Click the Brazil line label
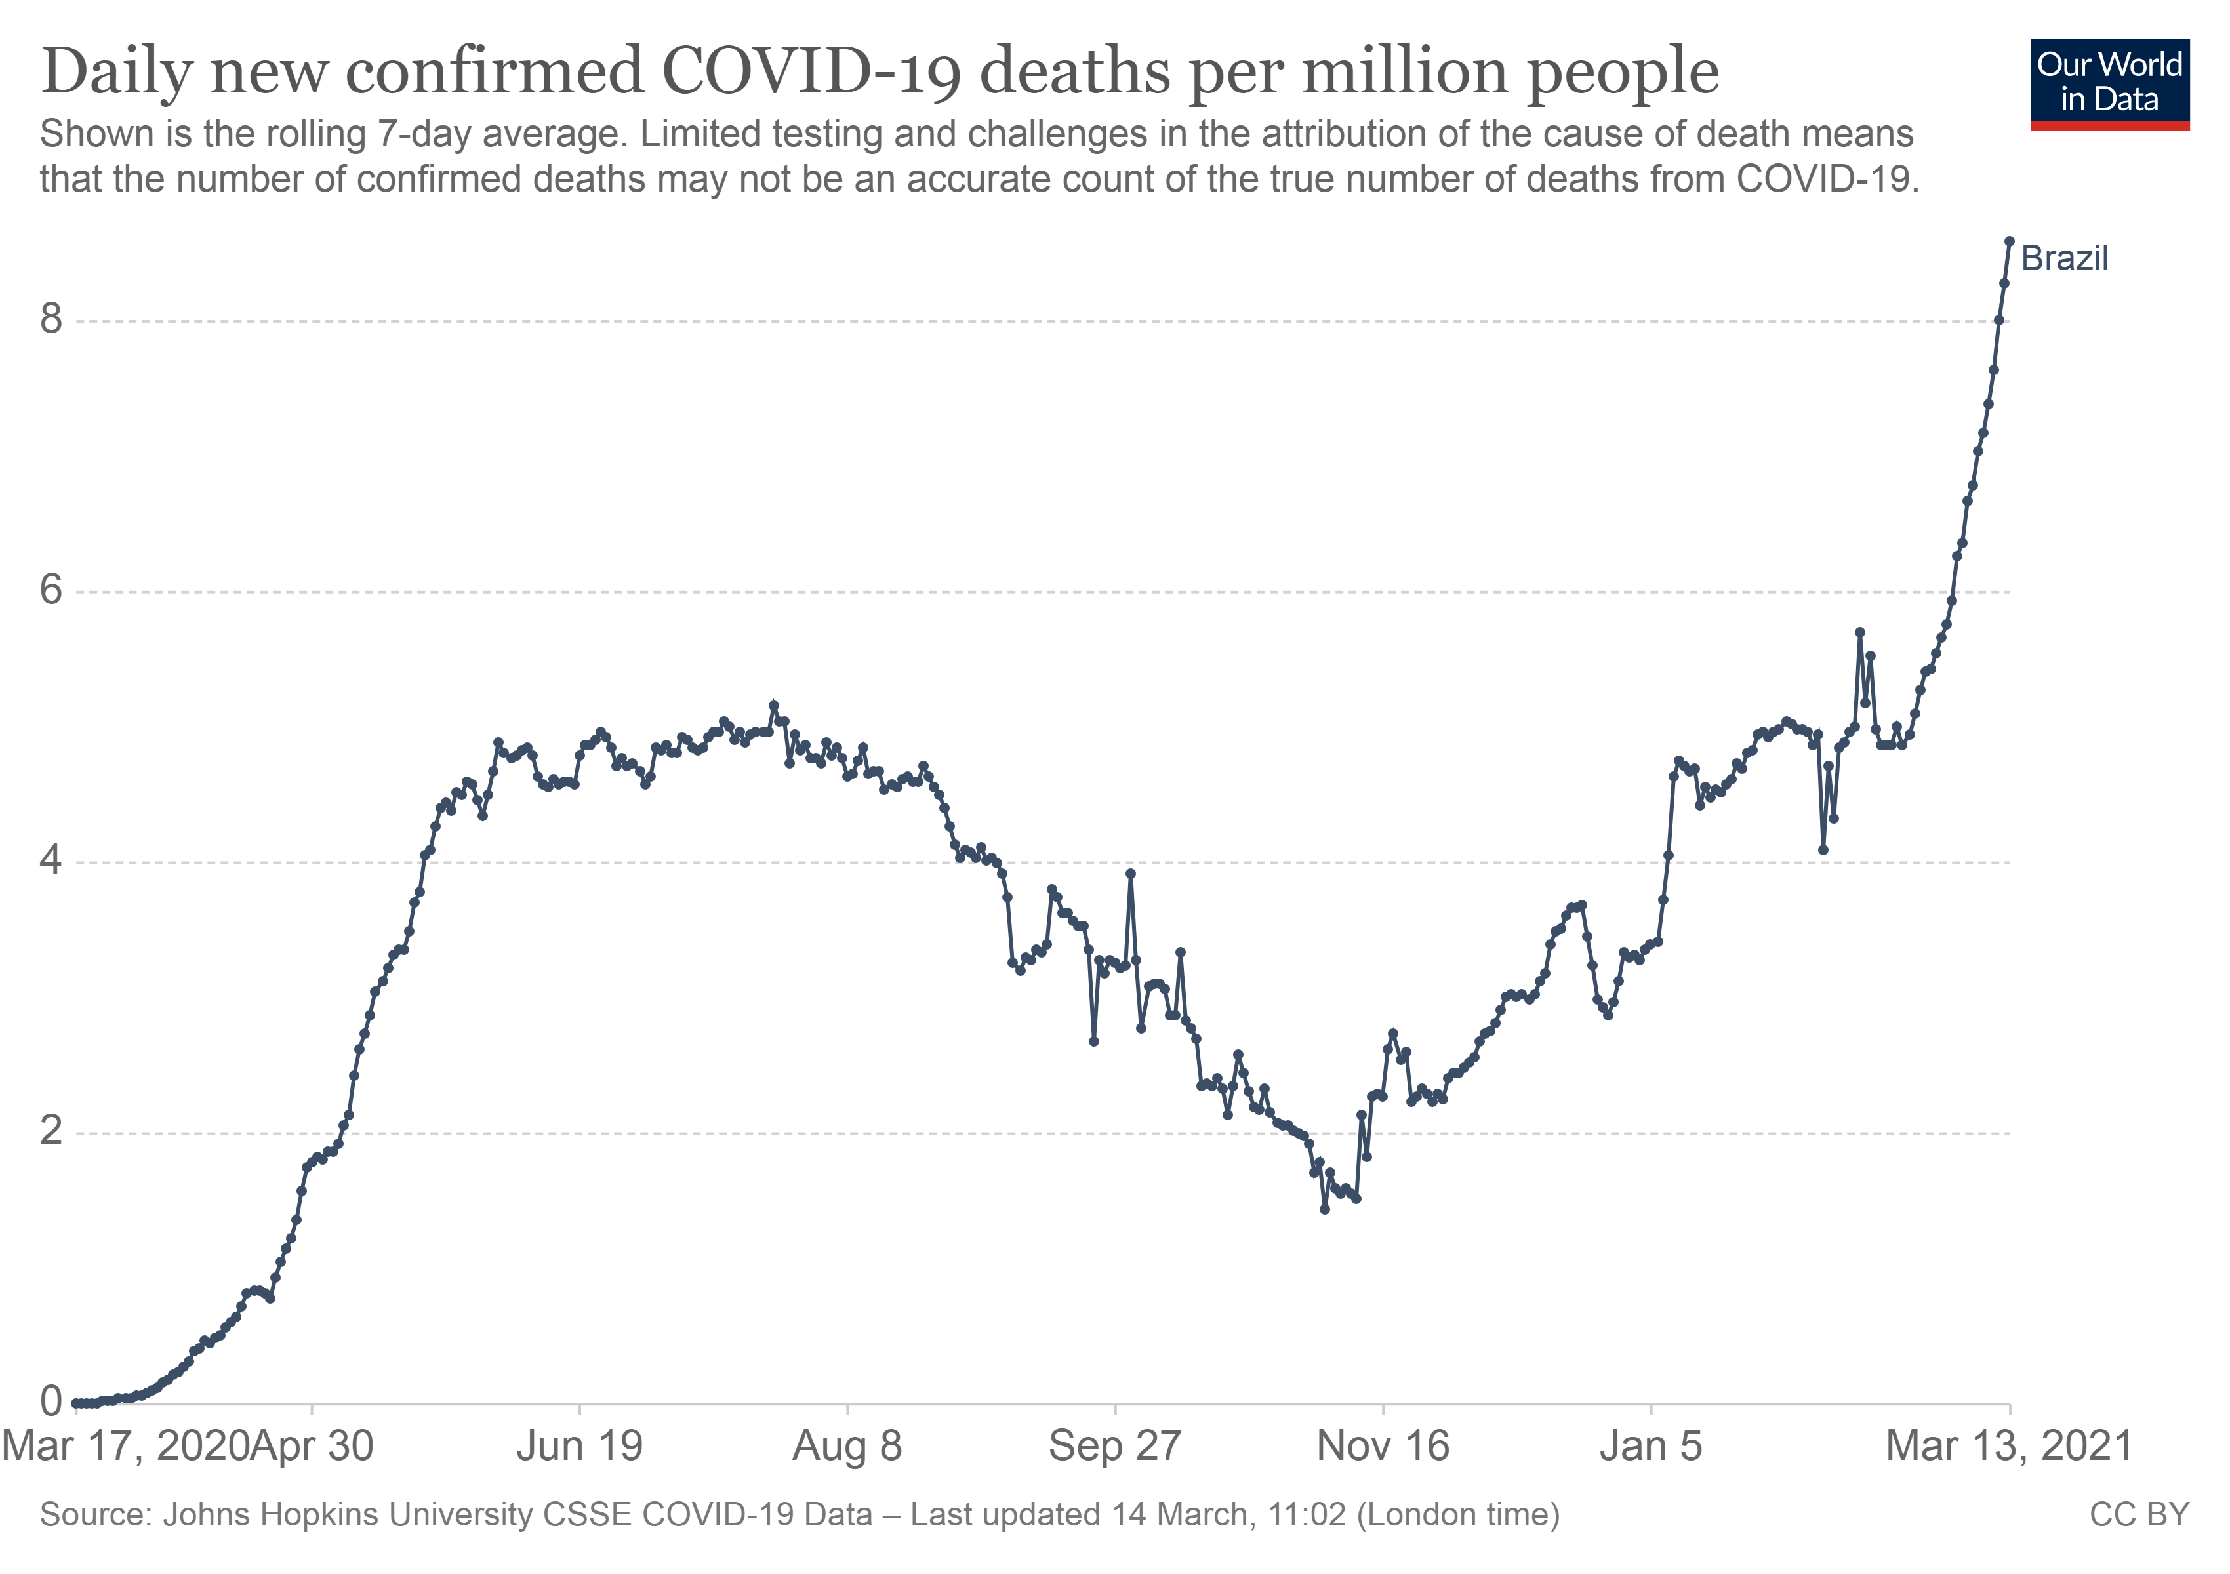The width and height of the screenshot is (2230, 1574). click(2064, 259)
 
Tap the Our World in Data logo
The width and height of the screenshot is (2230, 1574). click(2109, 83)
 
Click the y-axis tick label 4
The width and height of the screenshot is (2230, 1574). click(51, 860)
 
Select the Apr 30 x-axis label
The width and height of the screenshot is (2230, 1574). click(312, 1447)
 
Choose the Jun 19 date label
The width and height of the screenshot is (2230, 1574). click(580, 1447)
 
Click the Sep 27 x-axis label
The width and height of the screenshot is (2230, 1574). click(1115, 1447)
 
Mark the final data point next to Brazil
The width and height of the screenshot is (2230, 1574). click(2010, 241)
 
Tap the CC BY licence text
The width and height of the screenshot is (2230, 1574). click(2139, 1516)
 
